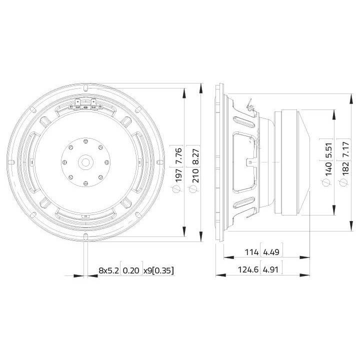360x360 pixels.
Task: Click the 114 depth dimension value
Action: (251, 252)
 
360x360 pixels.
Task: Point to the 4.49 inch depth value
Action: (269, 252)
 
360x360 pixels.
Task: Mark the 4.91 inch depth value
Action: (270, 270)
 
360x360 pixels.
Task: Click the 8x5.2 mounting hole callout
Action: (108, 270)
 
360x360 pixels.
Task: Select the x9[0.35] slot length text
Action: (159, 270)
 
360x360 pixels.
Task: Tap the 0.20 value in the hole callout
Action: (132, 270)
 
